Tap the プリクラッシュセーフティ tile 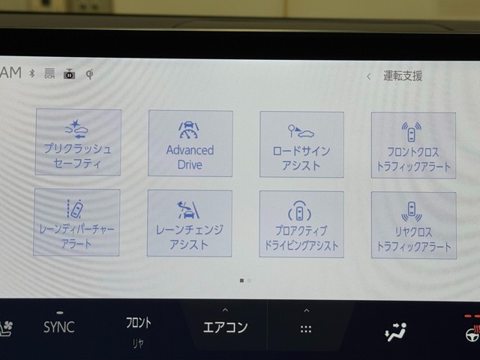(78, 142)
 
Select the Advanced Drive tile (190, 143)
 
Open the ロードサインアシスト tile (301, 145)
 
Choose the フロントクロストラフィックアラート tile (413, 145)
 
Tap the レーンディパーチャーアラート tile (76, 222)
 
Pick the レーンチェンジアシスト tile (190, 223)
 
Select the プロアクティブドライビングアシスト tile (301, 224)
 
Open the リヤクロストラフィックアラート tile (414, 225)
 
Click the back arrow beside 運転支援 (369, 76)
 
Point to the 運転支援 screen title (403, 76)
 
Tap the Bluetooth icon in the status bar (32, 73)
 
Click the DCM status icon (49, 73)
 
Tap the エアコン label (225, 327)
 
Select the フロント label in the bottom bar (139, 322)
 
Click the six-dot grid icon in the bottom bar (306, 329)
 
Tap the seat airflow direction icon (395, 331)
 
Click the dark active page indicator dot (241, 280)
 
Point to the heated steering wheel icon (473, 333)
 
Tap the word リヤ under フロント (138, 343)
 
